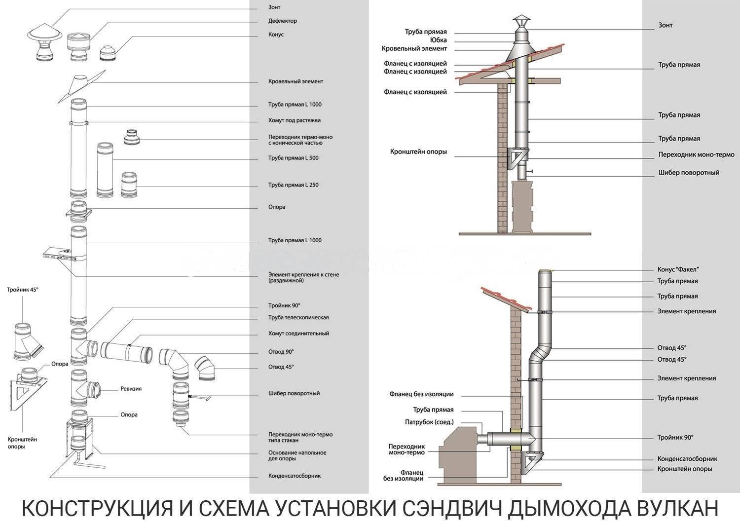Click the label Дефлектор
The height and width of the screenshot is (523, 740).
coord(283,21)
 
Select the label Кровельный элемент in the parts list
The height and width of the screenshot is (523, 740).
coord(296,81)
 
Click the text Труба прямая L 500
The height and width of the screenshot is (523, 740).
coord(294,158)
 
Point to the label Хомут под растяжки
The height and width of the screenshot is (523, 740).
coord(295,120)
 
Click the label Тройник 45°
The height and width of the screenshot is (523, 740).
coord(23,290)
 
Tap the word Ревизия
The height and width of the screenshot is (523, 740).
coord(131,389)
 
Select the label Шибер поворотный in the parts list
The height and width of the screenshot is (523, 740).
coord(294,394)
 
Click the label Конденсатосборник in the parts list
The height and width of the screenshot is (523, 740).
coord(295,476)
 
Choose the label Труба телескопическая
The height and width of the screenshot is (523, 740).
coord(298,317)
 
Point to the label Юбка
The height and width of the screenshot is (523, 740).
coord(439,40)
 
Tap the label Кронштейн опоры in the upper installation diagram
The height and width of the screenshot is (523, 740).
coord(418,152)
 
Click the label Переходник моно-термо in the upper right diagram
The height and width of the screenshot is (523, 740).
coord(697,154)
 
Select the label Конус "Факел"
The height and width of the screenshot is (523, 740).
coord(678,269)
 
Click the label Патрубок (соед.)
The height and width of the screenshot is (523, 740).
coord(429,422)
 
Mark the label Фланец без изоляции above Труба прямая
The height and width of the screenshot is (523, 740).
coord(421,394)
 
